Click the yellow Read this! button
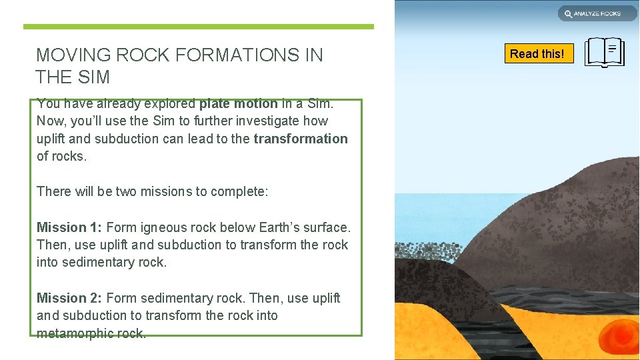tap(537, 53)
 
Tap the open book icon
tap(605, 53)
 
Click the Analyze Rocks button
tap(597, 13)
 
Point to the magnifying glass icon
tap(568, 13)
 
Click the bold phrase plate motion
tap(238, 104)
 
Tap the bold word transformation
tap(301, 139)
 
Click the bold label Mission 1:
tap(69, 227)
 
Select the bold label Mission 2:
tap(69, 298)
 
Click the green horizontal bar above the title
tap(199, 27)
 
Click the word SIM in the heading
tap(94, 77)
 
